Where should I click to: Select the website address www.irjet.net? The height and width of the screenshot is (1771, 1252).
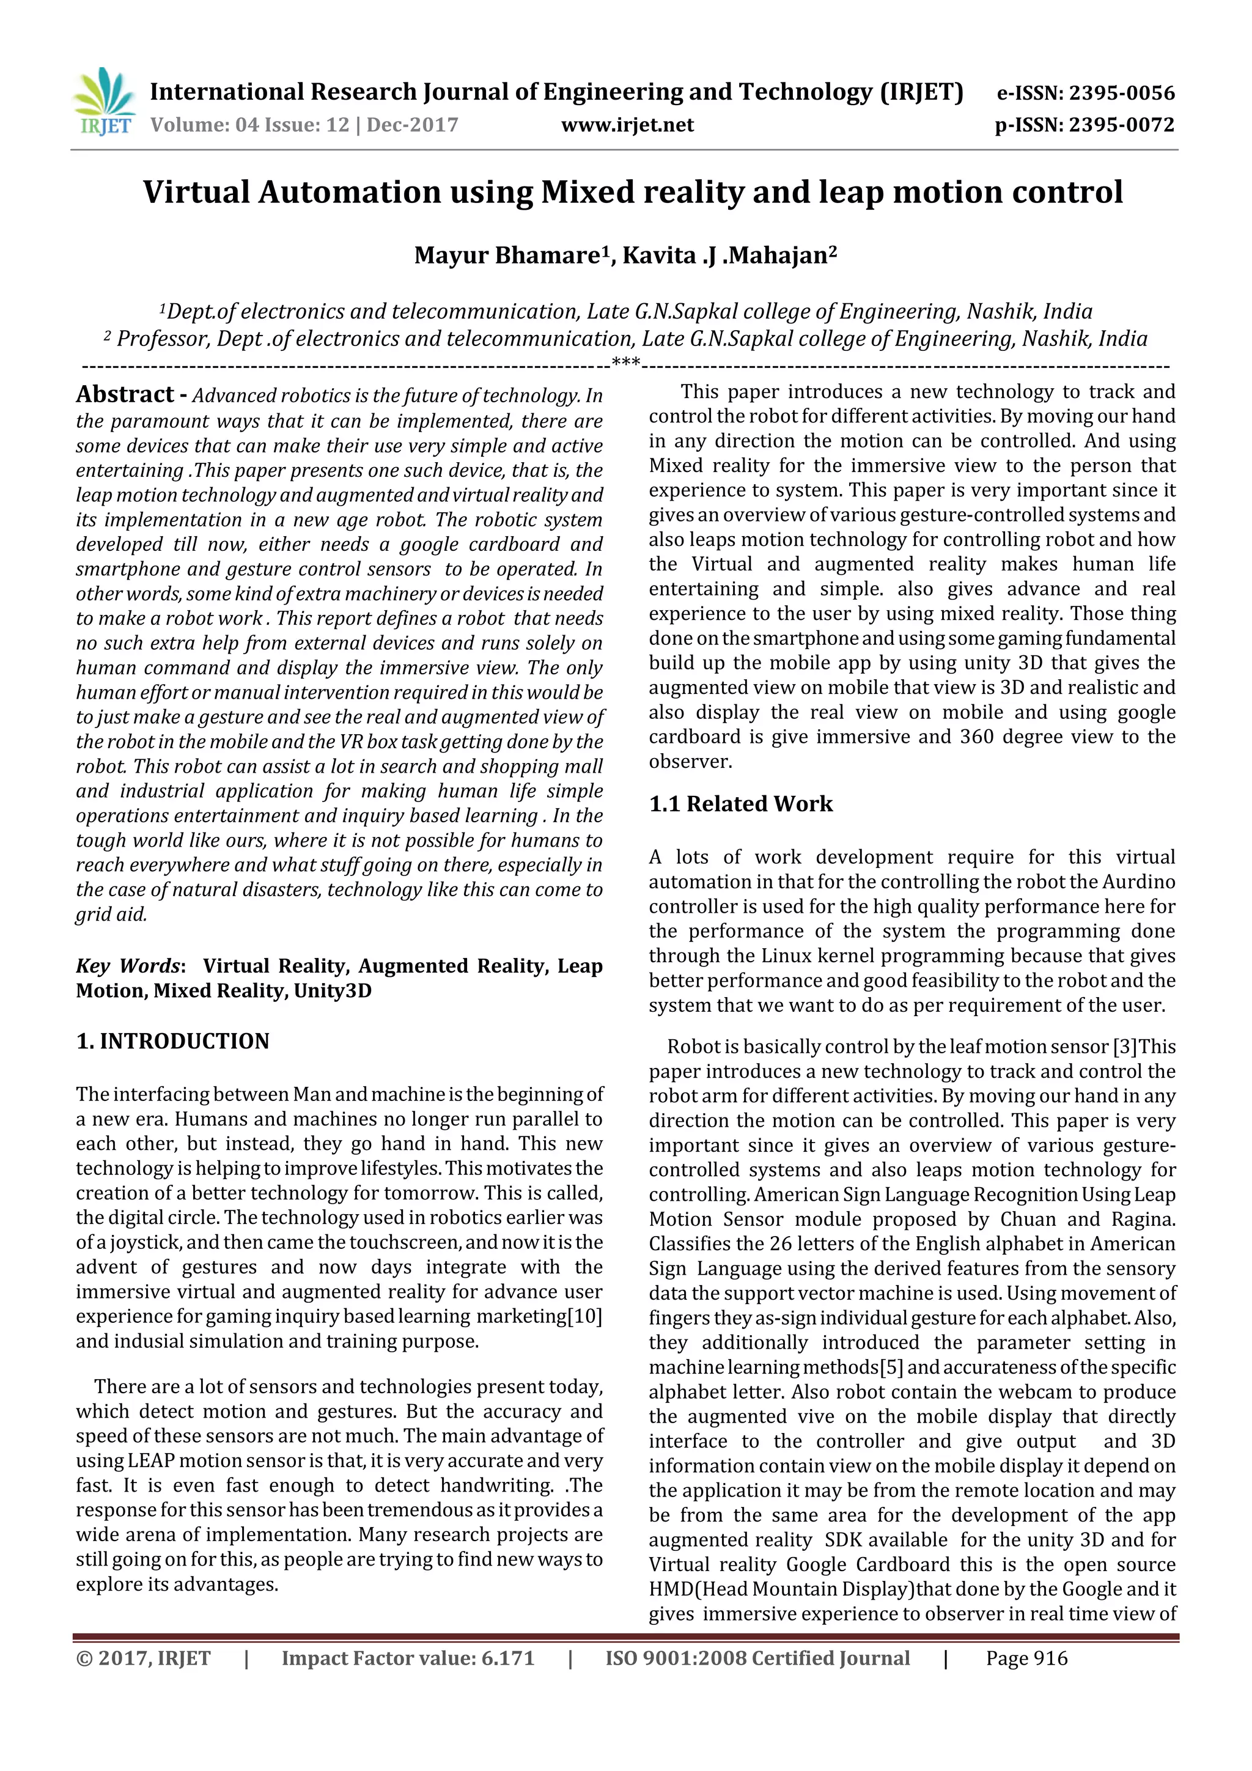627,125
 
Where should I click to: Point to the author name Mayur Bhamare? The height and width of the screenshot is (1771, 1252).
507,256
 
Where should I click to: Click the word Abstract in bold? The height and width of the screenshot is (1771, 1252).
125,394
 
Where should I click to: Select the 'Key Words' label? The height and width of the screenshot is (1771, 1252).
127,966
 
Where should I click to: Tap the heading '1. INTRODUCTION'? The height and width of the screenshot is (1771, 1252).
173,1041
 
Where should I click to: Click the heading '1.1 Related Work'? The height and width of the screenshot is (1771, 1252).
740,804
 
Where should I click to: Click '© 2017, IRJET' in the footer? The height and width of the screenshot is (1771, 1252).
144,1659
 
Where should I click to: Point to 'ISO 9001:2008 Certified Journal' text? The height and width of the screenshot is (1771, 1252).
757,1659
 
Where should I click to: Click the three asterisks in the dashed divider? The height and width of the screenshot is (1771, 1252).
625,363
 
